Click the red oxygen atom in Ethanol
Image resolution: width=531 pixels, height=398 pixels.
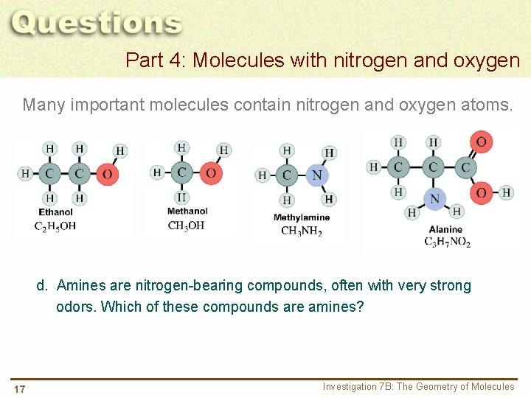tap(108, 174)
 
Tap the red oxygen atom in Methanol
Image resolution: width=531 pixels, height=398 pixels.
tap(211, 173)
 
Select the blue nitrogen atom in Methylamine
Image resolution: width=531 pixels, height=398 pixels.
tap(317, 175)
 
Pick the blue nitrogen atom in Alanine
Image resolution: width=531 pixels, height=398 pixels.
tap(434, 198)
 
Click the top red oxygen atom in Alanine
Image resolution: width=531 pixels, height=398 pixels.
tap(481, 142)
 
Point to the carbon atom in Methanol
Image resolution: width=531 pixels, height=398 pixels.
tap(181, 173)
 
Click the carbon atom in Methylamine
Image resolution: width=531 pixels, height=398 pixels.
tap(287, 175)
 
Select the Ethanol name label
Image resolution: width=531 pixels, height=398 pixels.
tap(56, 212)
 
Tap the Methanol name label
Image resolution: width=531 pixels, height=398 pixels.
tap(187, 212)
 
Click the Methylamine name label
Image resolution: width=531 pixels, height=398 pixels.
tap(301, 217)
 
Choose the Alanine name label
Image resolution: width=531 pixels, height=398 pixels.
tap(445, 229)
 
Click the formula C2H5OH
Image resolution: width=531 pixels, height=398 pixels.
tap(55, 226)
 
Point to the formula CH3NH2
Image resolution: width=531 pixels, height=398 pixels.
tap(301, 231)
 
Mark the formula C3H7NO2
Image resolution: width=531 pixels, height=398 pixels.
tap(447, 242)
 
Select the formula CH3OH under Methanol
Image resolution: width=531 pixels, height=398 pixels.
tap(187, 226)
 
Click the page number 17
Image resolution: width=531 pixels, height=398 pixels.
tap(19, 389)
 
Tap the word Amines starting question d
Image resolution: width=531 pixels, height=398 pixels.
tap(81, 286)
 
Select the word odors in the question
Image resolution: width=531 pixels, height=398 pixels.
tap(75, 307)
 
